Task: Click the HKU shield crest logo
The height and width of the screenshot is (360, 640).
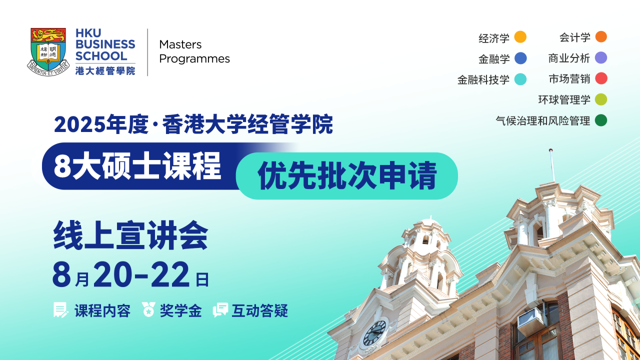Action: point(48,51)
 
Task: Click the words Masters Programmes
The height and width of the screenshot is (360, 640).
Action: point(194,51)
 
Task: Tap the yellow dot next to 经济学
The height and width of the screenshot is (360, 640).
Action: point(520,37)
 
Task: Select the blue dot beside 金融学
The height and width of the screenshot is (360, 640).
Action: point(520,58)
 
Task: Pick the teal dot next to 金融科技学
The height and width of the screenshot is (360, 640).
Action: point(520,79)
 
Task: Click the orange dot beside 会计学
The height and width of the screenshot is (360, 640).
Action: point(601,37)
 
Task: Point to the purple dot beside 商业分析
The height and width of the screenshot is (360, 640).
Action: point(601,58)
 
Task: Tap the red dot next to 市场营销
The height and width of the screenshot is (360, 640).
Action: point(601,78)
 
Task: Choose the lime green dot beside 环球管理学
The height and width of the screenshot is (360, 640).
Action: point(601,99)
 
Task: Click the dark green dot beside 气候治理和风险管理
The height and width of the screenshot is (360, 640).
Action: point(601,120)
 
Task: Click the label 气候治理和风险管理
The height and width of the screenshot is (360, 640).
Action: point(542,120)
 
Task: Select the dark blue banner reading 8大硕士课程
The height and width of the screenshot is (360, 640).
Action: point(137,166)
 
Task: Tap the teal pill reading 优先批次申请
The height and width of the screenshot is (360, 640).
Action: point(347,176)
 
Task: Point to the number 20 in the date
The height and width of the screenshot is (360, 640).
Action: point(116,275)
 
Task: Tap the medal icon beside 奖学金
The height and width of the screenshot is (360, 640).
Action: point(148,310)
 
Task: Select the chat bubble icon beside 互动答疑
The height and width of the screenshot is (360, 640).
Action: point(220,310)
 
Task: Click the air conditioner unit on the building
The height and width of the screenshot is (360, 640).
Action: point(531,320)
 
